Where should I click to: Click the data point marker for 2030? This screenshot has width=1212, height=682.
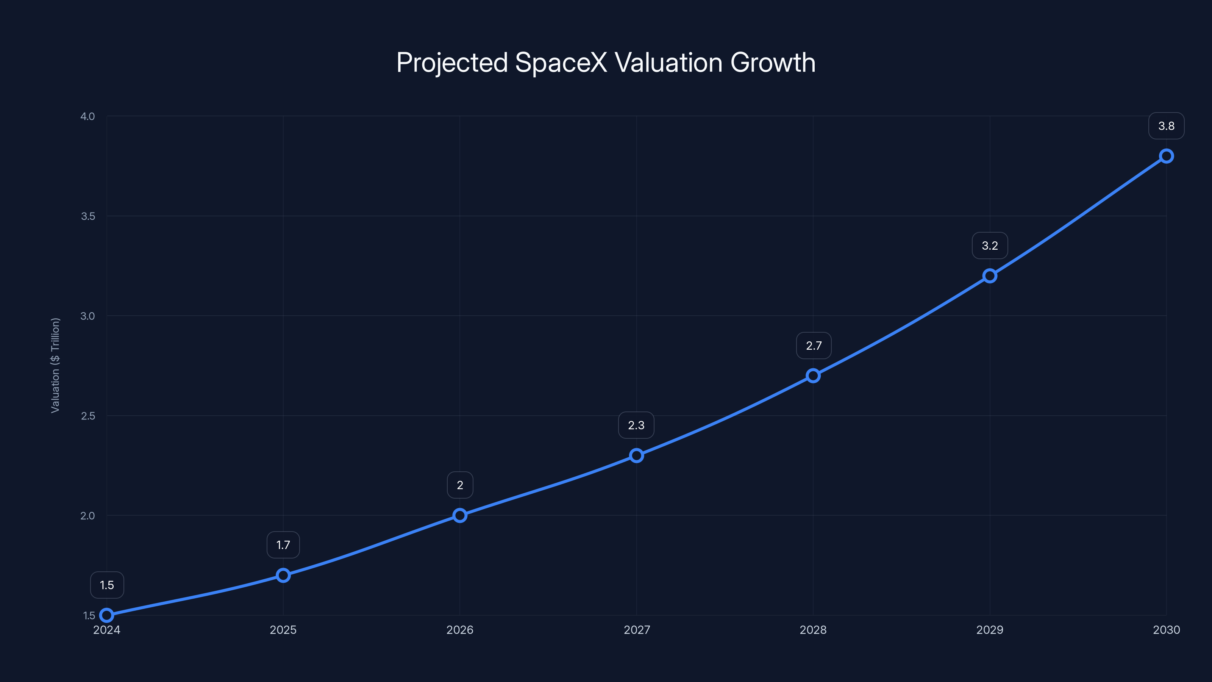point(1166,156)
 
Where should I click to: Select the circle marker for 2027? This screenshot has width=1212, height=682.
point(636,455)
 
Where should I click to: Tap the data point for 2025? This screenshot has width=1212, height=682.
point(283,575)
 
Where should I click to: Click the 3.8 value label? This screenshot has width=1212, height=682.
point(1166,126)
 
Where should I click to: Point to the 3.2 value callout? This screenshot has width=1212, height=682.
point(989,246)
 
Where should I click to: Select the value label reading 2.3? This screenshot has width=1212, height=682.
point(636,425)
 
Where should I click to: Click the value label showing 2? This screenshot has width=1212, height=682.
point(460,485)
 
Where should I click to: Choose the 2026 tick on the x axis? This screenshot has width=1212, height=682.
point(460,630)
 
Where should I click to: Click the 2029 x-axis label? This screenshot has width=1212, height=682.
point(989,630)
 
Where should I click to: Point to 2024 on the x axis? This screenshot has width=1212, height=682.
point(107,630)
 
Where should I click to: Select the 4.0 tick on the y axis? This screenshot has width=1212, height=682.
point(87,116)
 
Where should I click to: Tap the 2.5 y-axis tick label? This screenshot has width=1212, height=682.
point(87,416)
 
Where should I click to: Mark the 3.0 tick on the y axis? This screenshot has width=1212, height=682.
point(87,316)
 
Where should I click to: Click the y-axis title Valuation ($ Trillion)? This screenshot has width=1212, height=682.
point(55,365)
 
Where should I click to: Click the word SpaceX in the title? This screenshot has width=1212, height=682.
point(561,63)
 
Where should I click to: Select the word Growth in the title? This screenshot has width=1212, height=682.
point(773,63)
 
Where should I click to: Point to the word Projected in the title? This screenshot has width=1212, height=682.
point(452,63)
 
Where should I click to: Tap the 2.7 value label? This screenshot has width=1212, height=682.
point(814,346)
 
